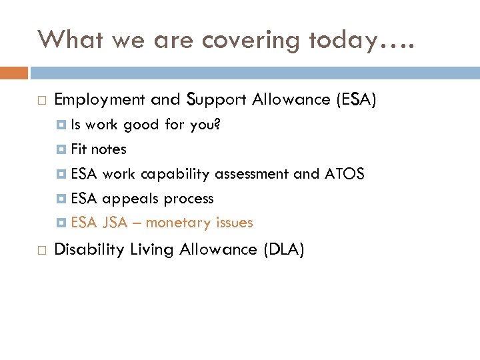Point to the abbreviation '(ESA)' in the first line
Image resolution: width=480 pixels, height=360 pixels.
point(357,100)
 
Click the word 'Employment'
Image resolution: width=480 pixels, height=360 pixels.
point(99,100)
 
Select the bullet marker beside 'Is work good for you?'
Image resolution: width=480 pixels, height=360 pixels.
point(62,125)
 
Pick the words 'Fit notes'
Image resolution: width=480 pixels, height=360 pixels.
point(98,149)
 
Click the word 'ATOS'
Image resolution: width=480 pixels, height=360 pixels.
point(344,174)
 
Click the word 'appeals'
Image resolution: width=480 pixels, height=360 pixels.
point(131,199)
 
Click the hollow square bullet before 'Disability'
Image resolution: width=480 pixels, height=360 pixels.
point(42,251)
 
